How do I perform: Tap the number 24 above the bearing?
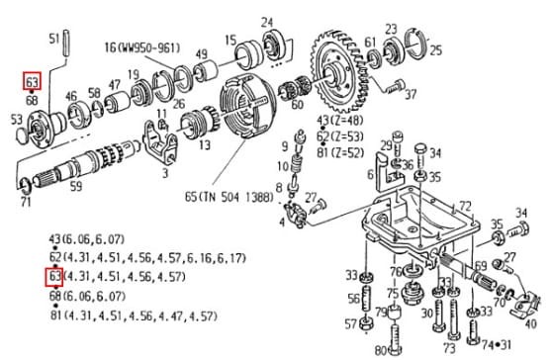[x=267, y=22]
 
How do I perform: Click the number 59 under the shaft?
[x=76, y=184]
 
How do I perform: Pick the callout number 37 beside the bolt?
[x=410, y=96]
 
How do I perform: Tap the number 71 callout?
[x=26, y=203]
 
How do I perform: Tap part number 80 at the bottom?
[x=381, y=349]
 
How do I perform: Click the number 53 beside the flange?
[x=17, y=120]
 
